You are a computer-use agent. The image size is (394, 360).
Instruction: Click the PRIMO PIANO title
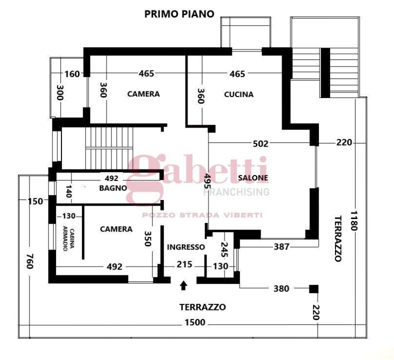click(179, 14)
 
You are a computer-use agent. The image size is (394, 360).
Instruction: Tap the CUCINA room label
click(238, 94)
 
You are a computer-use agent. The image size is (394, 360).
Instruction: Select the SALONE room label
click(253, 177)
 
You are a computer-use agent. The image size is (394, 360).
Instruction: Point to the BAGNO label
click(112, 188)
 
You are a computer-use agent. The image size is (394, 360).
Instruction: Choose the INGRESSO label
click(185, 247)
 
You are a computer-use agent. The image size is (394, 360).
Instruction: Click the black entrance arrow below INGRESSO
click(183, 285)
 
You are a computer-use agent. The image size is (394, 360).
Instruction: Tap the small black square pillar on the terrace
click(313, 288)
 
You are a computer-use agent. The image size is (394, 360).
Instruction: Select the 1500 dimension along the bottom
click(194, 323)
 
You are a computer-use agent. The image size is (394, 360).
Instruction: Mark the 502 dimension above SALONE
click(260, 143)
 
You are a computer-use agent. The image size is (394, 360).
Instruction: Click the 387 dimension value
click(282, 246)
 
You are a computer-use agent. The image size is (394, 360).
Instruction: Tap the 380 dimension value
click(281, 288)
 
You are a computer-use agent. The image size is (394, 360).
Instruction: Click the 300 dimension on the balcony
click(59, 93)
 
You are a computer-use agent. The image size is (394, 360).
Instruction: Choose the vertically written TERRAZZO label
click(337, 238)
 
